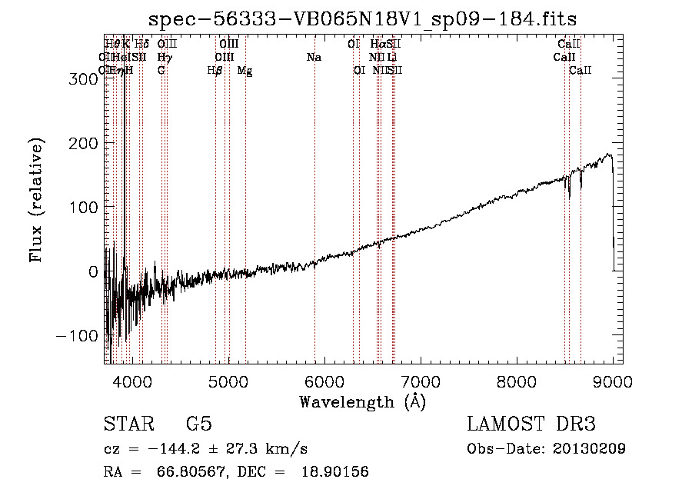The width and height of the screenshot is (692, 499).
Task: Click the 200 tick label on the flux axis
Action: pos(81,144)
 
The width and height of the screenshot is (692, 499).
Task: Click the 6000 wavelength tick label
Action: pos(324,380)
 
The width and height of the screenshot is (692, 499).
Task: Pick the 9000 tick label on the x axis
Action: pos(613,380)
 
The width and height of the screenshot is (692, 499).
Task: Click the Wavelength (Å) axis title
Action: pos(362,401)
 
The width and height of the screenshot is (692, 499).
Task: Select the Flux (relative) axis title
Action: pos(37,200)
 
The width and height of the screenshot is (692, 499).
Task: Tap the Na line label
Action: pos(314,58)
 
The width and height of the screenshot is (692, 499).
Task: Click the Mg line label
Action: pos(245,71)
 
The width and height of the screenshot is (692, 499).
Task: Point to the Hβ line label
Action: pos(215,71)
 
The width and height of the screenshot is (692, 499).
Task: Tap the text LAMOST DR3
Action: pos(531,425)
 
